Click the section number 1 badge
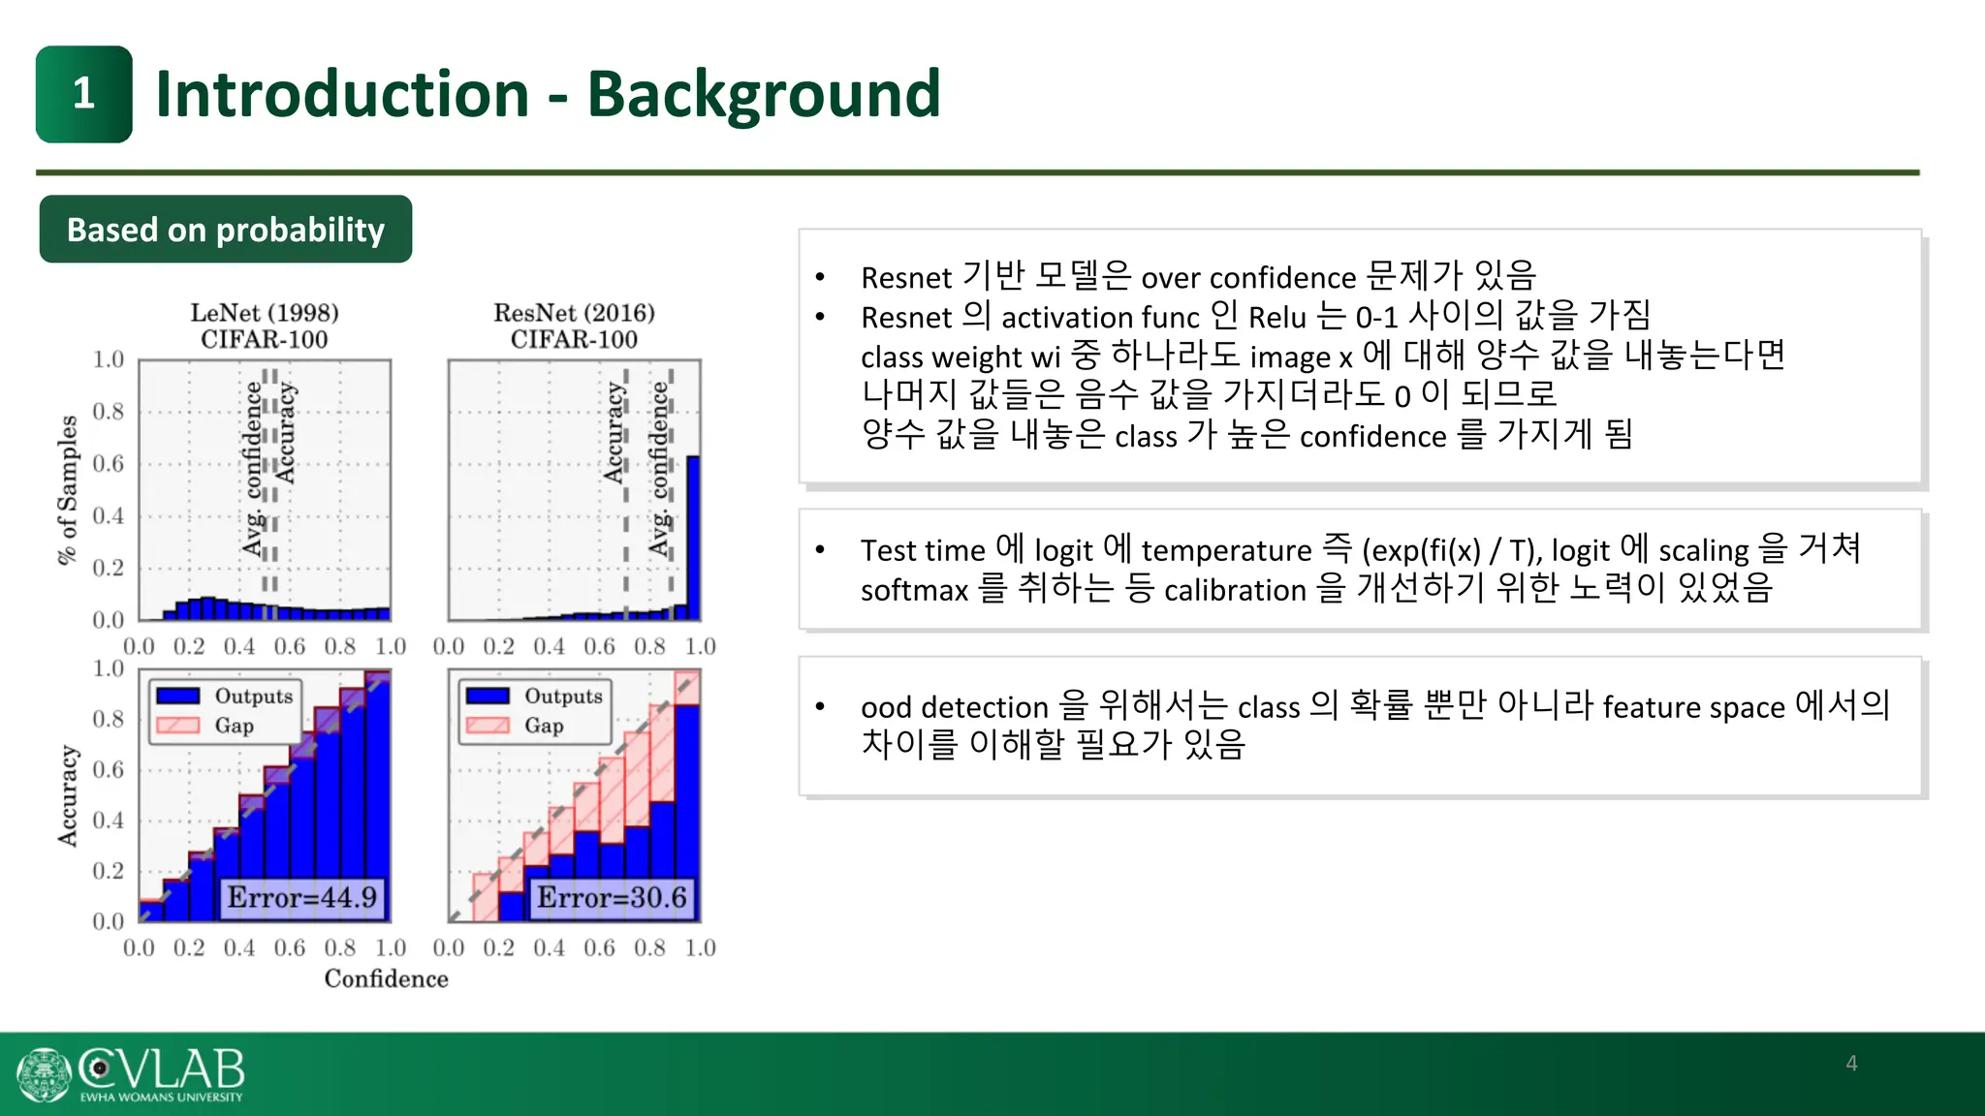(x=84, y=95)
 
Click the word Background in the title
(x=763, y=95)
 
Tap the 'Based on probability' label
(x=225, y=230)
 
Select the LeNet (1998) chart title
(x=264, y=313)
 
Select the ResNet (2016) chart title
(x=574, y=313)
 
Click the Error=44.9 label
(x=301, y=897)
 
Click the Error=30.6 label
(x=612, y=897)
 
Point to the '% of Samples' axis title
(x=67, y=489)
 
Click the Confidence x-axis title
(x=386, y=978)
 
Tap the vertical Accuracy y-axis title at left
(x=67, y=795)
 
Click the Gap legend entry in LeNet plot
(x=233, y=726)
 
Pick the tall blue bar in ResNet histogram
(x=693, y=538)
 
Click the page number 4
(x=1851, y=1063)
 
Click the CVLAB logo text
(x=163, y=1069)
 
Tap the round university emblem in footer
(x=44, y=1074)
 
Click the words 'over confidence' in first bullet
(x=1248, y=278)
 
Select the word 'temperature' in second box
(x=1226, y=550)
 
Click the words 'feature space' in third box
(x=1693, y=707)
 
